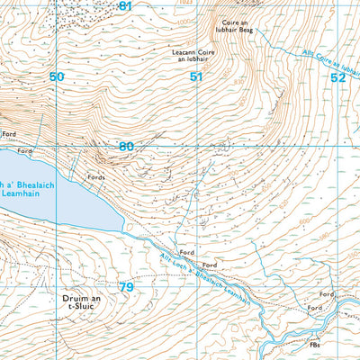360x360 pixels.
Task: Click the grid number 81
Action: click(125, 6)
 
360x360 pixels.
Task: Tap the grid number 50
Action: click(57, 77)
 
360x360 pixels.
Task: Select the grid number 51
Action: click(196, 77)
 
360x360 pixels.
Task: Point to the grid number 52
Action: click(337, 77)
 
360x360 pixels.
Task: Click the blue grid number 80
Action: click(126, 147)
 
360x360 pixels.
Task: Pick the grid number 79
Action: click(126, 287)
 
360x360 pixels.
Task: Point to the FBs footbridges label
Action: click(314, 345)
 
